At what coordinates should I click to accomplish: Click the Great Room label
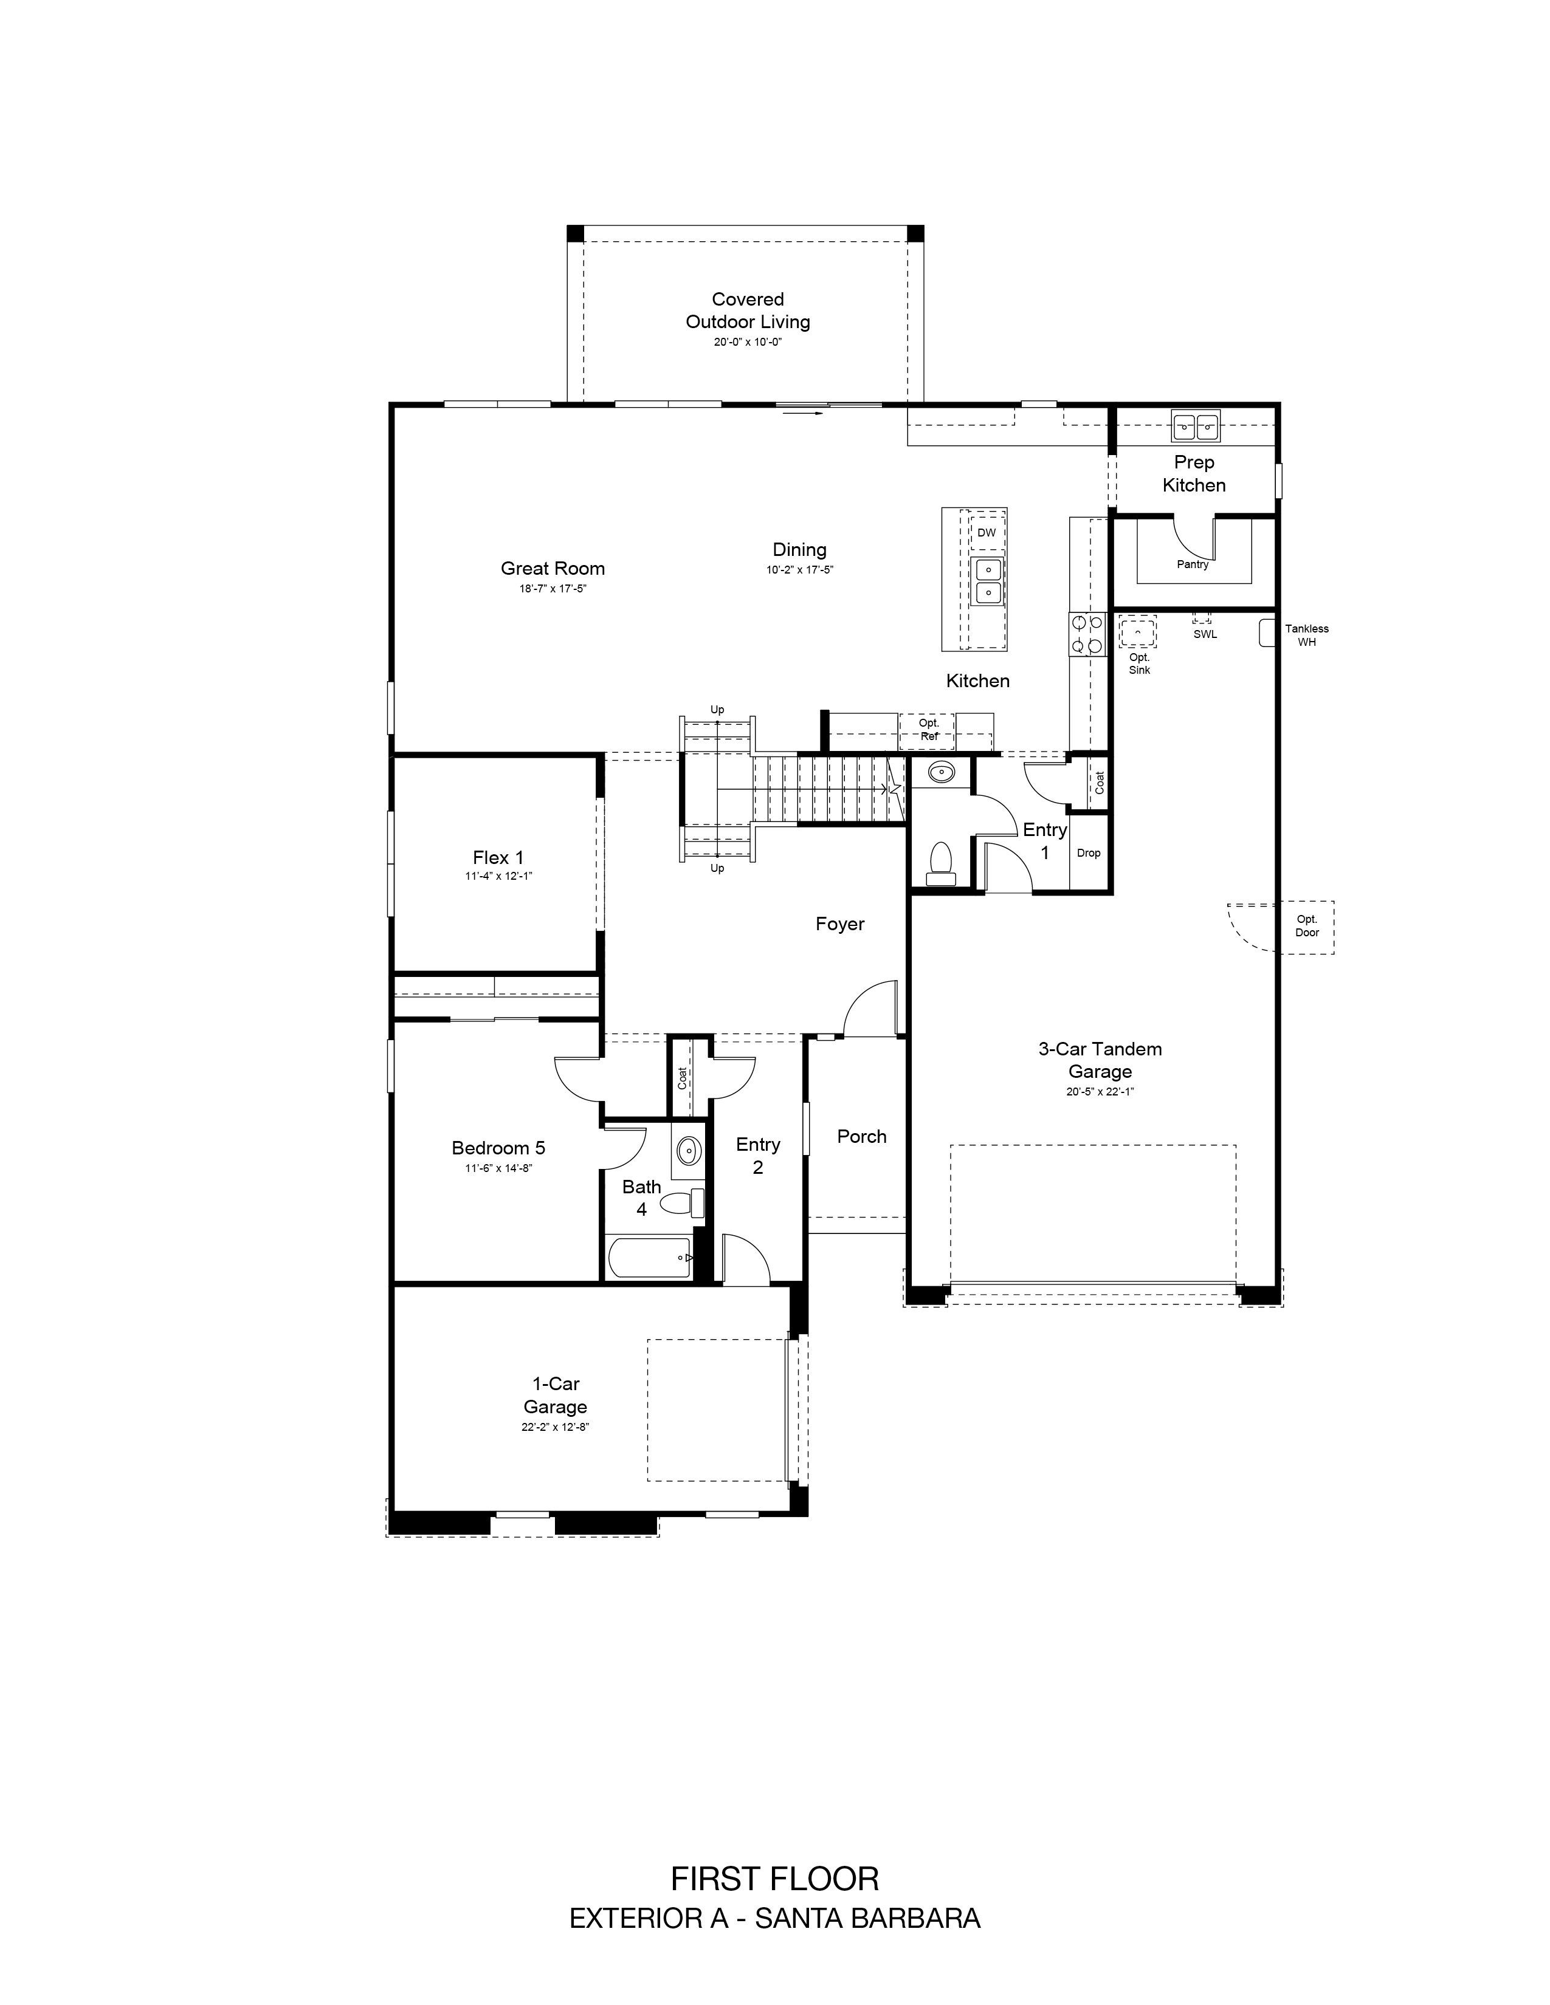553,568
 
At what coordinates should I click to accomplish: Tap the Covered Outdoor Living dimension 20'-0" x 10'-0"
748,341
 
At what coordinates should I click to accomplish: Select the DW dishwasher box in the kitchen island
986,532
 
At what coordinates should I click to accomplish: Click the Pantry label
1193,564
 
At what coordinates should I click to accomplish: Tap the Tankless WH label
1307,636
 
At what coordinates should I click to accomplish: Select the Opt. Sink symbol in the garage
1138,632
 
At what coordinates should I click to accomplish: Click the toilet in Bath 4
681,1202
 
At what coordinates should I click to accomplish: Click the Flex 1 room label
498,857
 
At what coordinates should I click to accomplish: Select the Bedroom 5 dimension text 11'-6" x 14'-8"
498,1168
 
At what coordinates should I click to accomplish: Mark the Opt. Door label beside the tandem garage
1307,925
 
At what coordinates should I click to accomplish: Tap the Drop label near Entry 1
1088,853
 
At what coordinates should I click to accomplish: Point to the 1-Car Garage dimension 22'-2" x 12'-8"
554,1427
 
